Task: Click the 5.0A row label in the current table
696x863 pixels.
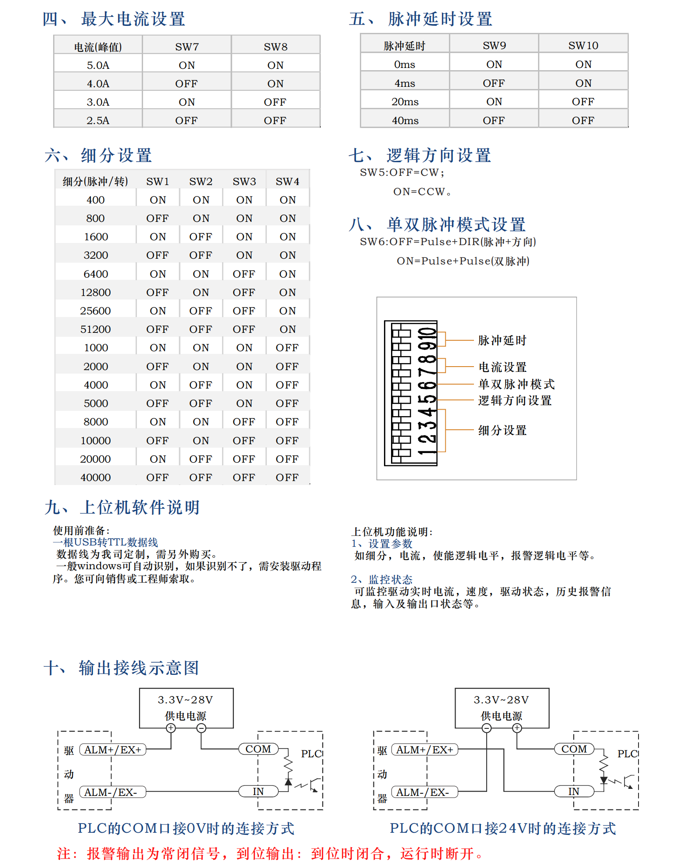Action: [98, 65]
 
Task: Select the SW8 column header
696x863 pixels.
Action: [276, 47]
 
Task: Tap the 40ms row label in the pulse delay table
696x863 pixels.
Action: [405, 121]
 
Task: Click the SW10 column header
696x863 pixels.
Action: [583, 46]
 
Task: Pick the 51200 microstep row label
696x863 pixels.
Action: [95, 329]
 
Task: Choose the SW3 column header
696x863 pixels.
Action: [244, 182]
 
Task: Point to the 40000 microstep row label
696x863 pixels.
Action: [95, 478]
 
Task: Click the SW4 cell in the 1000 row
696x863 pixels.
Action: [287, 348]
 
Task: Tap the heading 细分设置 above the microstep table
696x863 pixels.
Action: [116, 156]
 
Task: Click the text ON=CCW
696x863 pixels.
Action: [422, 192]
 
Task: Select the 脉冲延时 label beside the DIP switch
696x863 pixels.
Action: [502, 340]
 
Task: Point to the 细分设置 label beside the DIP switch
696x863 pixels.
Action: [502, 430]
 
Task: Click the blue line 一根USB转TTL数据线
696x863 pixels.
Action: [105, 542]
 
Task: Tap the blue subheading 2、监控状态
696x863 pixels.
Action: [381, 579]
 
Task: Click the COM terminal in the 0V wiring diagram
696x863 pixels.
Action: [258, 749]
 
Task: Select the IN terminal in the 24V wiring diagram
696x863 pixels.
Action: [574, 792]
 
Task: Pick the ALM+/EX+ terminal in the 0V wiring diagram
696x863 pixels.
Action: [113, 750]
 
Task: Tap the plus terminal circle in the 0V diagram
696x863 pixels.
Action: [171, 728]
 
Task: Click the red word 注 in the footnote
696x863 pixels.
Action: [64, 853]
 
